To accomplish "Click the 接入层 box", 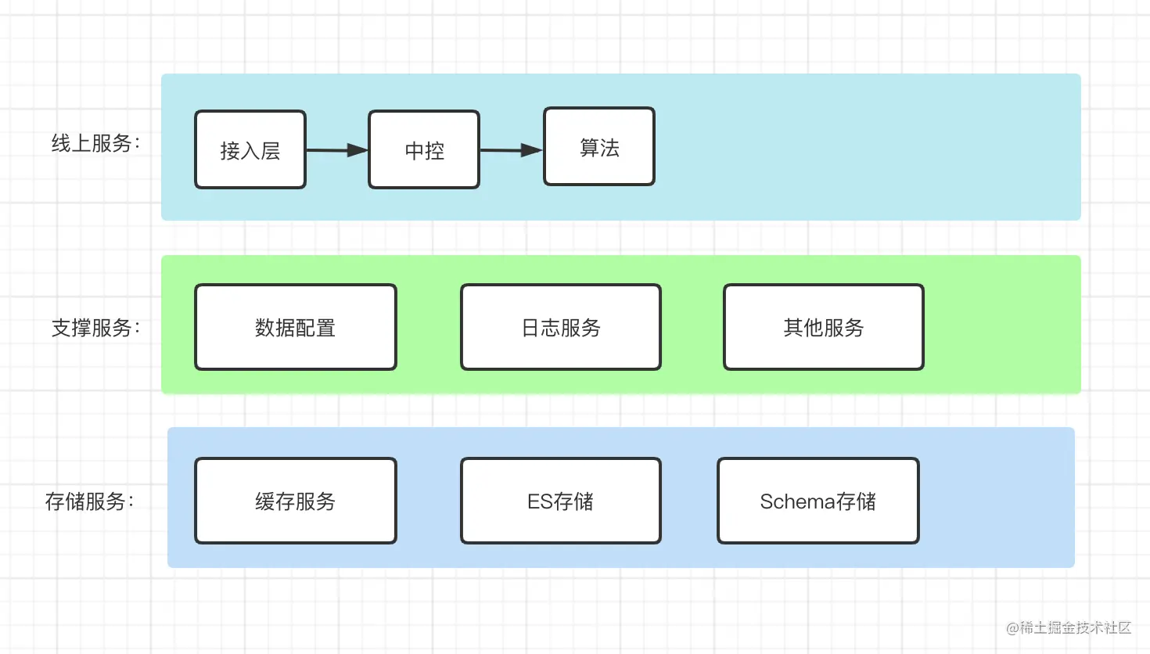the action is [250, 149].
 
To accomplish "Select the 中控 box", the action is [424, 149].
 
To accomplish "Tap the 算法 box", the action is [599, 146].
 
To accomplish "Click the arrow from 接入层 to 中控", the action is [337, 150].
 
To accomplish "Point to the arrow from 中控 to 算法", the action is [512, 150].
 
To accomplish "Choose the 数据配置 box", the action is [296, 327].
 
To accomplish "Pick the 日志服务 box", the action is [561, 327].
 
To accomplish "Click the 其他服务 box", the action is [824, 327].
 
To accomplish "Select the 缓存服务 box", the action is [296, 501].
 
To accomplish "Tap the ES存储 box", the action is [561, 501].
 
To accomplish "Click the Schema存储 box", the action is [818, 501].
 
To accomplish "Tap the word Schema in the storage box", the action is [797, 501].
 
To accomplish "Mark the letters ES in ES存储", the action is [541, 501].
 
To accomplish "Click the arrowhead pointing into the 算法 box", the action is [532, 150].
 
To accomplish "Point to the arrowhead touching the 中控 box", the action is [358, 150].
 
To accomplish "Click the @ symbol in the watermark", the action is [1012, 628].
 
